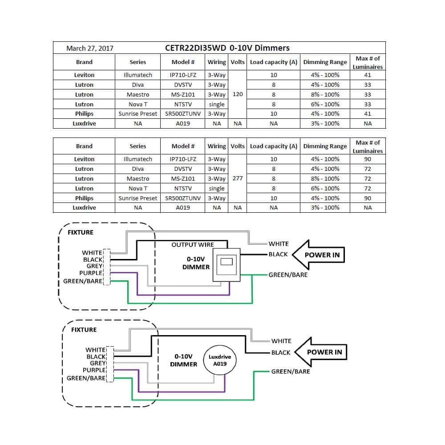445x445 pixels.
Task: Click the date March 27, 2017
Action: click(89, 48)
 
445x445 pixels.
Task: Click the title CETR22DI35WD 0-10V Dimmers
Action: click(227, 48)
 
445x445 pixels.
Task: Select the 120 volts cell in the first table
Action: click(238, 94)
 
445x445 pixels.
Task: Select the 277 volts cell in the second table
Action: click(238, 178)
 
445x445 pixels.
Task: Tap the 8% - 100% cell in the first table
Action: click(325, 94)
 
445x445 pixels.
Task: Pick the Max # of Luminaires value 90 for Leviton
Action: click(368, 159)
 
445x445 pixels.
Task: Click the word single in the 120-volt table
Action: click(217, 104)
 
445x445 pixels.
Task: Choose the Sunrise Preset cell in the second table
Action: click(138, 198)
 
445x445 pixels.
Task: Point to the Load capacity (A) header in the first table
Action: click(274, 62)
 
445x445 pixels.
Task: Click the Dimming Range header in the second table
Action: click(325, 146)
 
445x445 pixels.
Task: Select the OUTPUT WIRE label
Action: click(193, 245)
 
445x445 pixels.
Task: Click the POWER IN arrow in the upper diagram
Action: click(320, 255)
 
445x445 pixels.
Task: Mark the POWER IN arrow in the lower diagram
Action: click(323, 352)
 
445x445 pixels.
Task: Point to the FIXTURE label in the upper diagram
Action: click(81, 232)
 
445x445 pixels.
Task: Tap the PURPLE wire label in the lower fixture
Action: click(94, 370)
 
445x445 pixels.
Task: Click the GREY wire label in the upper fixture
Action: click(94, 266)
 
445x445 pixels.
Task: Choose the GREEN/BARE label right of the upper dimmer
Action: click(288, 275)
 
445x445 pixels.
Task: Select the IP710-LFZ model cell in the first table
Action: click(183, 75)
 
